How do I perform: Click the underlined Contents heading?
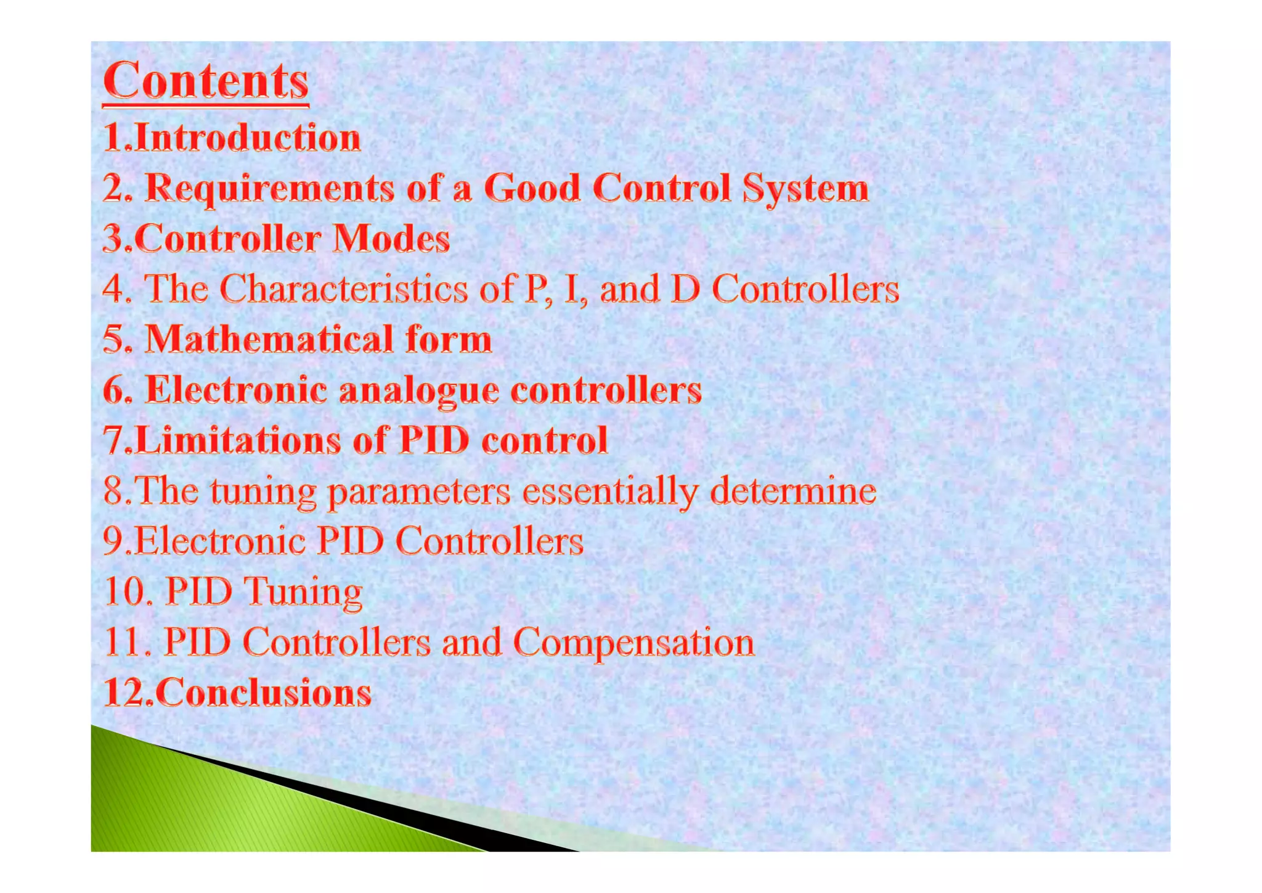(x=205, y=81)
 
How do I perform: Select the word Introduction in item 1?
(x=247, y=138)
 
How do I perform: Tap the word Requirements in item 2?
(x=269, y=188)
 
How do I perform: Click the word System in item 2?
(x=805, y=188)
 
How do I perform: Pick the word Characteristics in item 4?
(x=343, y=289)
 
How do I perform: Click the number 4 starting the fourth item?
(x=114, y=289)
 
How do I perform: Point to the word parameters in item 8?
(x=418, y=492)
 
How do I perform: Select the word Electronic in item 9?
(x=220, y=542)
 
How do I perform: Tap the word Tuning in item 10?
(x=303, y=593)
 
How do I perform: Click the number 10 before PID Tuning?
(x=125, y=592)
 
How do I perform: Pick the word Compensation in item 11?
(x=633, y=643)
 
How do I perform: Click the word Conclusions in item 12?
(x=263, y=693)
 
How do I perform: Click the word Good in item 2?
(x=532, y=188)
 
